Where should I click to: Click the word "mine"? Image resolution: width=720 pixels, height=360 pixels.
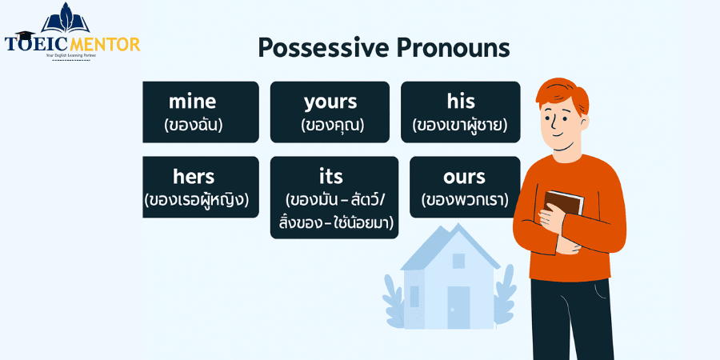[x=192, y=102]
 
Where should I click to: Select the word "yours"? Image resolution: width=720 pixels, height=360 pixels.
[x=330, y=102]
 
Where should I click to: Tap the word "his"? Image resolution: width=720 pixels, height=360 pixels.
[x=461, y=102]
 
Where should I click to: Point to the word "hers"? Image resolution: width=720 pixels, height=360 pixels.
[x=194, y=176]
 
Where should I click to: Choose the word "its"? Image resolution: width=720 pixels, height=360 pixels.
[x=330, y=176]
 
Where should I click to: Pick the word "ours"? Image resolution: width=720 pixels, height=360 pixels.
[x=464, y=176]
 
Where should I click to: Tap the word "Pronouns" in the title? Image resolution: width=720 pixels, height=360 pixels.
[x=454, y=47]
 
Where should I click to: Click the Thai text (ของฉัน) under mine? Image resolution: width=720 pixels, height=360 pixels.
[x=193, y=125]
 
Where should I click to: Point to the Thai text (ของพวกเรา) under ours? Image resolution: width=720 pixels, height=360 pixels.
[x=465, y=200]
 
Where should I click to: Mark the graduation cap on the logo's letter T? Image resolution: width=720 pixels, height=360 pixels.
[x=20, y=35]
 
